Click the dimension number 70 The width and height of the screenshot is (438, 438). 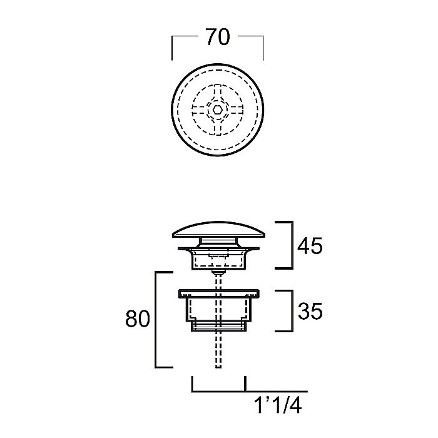pos(218,37)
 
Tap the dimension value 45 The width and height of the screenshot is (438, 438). pos(310,246)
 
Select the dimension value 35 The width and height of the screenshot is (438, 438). pos(310,311)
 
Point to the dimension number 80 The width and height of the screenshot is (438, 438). pos(138,318)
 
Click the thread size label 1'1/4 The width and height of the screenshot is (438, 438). pos(278,405)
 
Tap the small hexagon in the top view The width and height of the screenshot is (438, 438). pos(218,109)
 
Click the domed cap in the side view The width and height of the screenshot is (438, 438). pos(218,230)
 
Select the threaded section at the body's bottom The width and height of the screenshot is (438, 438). pos(218,326)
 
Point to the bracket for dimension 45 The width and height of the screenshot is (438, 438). pos(292,245)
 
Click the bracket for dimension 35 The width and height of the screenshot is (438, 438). pos(292,311)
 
